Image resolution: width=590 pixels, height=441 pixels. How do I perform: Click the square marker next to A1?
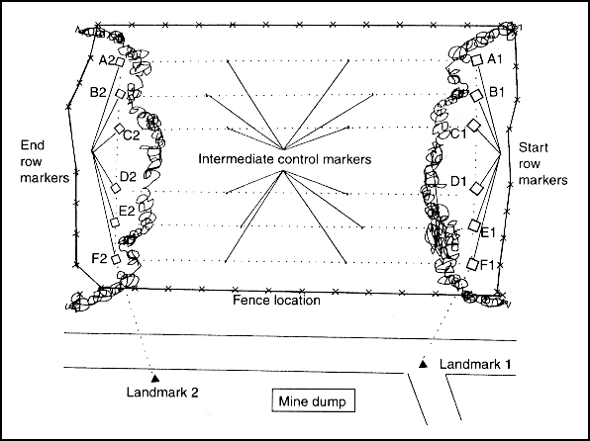click(477, 59)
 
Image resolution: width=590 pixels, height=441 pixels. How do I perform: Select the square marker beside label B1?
click(476, 95)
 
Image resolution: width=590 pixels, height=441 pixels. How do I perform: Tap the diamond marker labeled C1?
click(474, 126)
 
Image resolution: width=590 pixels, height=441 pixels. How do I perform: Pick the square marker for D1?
click(476, 188)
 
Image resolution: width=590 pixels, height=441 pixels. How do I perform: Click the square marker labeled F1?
click(473, 264)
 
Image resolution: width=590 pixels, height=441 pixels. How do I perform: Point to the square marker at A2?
click(120, 62)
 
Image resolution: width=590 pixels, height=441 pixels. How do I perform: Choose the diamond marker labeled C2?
click(119, 129)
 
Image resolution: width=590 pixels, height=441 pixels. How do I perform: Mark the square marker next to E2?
click(115, 222)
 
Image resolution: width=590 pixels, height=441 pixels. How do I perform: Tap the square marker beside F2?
click(116, 259)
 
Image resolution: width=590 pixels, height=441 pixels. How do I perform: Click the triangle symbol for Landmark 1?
click(424, 364)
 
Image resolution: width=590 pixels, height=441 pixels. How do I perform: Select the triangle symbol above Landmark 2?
click(154, 379)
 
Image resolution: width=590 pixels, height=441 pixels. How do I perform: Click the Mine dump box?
click(313, 400)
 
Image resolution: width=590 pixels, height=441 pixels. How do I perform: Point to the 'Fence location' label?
click(276, 300)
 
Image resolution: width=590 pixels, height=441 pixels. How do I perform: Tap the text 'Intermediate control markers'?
click(285, 159)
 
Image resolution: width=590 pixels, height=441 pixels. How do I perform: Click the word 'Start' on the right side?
click(533, 147)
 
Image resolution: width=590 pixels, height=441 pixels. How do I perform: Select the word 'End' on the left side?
click(33, 145)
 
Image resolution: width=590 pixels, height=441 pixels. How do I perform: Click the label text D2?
click(128, 176)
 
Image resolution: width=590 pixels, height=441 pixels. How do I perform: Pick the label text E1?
click(488, 232)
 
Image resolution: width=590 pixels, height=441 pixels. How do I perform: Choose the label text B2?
click(98, 93)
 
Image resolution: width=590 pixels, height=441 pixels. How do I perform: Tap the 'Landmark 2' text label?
click(162, 393)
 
